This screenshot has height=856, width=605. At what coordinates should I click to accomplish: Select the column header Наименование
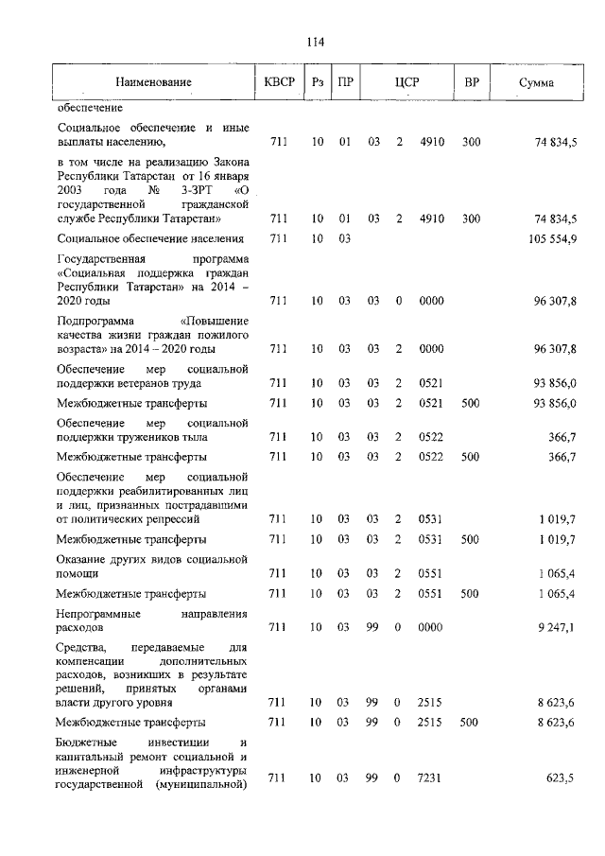coord(153,83)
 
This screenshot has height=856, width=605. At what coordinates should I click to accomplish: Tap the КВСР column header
coord(279,83)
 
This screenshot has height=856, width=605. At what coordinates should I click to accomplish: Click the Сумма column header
coord(536,83)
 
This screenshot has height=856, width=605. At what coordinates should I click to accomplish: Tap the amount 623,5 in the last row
coord(562,778)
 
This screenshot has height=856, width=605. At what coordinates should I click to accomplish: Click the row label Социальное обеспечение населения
coord(150,238)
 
